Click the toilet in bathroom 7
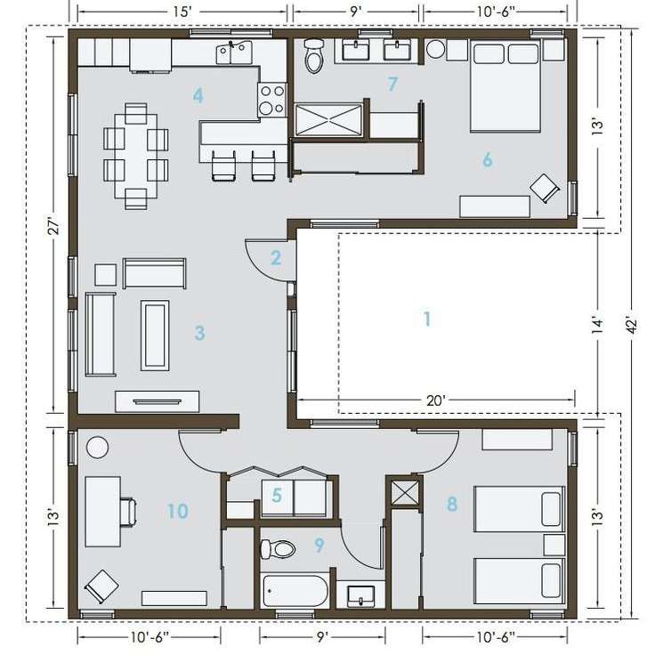point(313,55)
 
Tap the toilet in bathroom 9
point(278,549)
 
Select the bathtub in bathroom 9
point(295,591)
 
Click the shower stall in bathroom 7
point(328,120)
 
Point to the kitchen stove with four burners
point(272,100)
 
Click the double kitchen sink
point(234,53)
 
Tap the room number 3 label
point(199,333)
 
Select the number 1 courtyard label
point(427,319)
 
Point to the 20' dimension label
point(436,400)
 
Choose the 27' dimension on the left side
point(55,227)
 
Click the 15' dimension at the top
point(182,12)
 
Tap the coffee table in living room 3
point(155,335)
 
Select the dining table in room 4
point(136,156)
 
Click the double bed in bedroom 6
point(505,86)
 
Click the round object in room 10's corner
point(97,447)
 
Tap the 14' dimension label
point(598,326)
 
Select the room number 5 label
point(277,496)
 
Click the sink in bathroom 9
point(361,595)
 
